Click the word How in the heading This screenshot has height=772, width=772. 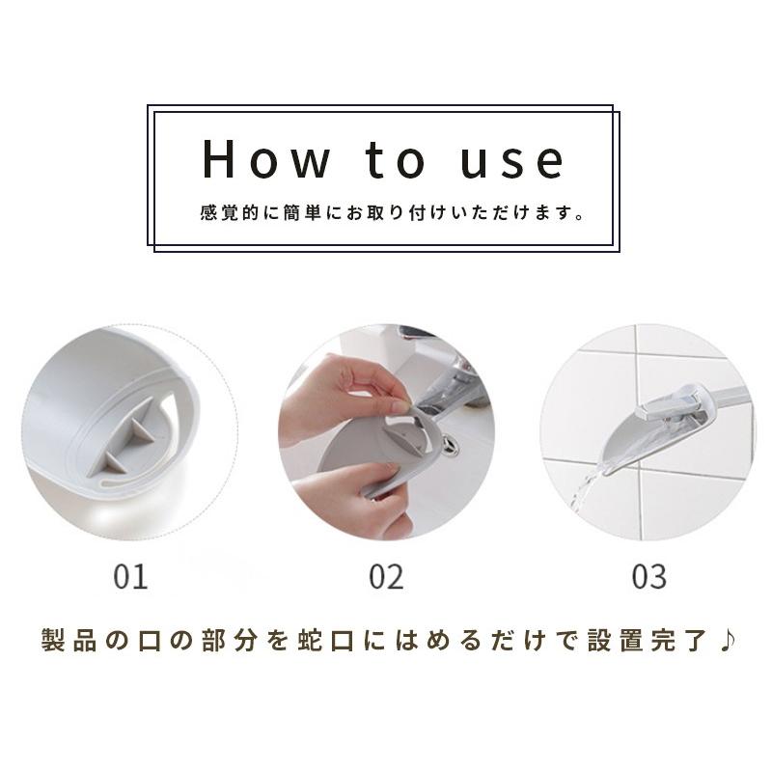point(266,158)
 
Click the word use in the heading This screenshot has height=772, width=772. point(512,162)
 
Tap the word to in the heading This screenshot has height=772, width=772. point(395,159)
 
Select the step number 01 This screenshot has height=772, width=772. point(130,576)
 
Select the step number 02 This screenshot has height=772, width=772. point(387,576)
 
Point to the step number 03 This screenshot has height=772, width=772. point(649,576)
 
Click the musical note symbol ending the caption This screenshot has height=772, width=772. point(728,640)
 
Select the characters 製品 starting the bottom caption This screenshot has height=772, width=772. point(69,640)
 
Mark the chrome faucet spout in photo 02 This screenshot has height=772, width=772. point(443,394)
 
